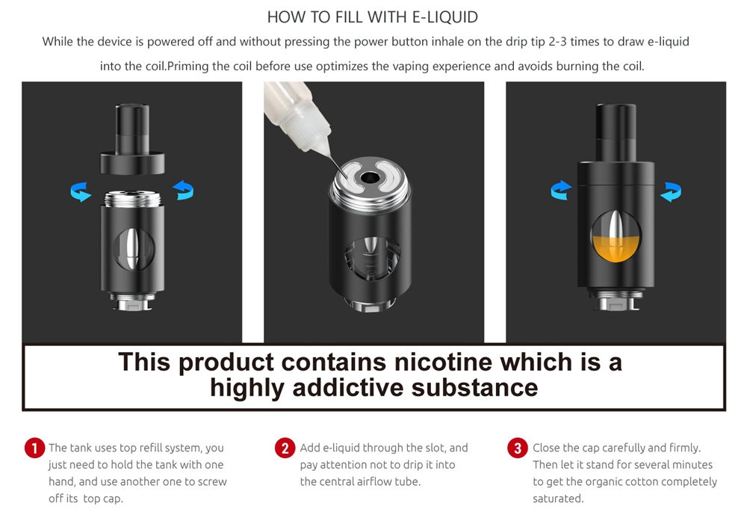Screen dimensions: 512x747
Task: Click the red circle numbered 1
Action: pyautogui.click(x=34, y=448)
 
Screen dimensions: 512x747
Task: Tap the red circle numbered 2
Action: pyautogui.click(x=285, y=448)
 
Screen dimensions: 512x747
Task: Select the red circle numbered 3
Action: pyautogui.click(x=517, y=448)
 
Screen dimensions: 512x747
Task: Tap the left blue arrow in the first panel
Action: pyautogui.click(x=81, y=192)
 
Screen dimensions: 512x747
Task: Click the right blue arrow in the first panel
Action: pyautogui.click(x=183, y=192)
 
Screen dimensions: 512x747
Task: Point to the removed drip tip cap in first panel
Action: pyautogui.click(x=131, y=142)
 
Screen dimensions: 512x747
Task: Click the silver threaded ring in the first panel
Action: pyautogui.click(x=131, y=199)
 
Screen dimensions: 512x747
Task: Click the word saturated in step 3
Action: pyautogui.click(x=557, y=499)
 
